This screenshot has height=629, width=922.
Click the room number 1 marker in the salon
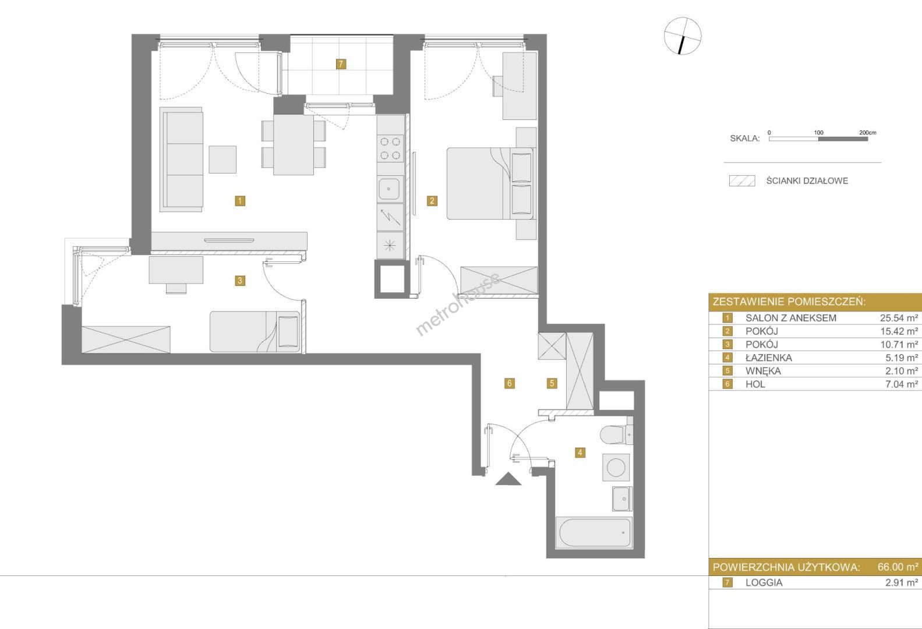pos(239,201)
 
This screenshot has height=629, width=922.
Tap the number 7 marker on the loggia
pos(341,64)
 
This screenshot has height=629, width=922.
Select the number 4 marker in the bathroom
pos(580,453)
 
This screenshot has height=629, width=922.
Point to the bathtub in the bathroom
pos(594,533)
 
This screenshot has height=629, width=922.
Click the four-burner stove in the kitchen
pos(390,148)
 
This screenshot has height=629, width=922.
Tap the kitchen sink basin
pos(388,189)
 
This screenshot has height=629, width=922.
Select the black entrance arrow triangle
pos(508,479)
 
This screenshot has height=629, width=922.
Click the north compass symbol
pos(683,36)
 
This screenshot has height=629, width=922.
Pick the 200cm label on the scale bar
pos(868,133)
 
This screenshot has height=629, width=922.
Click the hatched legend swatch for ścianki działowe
pos(742,181)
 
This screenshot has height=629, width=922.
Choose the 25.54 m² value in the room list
pos(899,318)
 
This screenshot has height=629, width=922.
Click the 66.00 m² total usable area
pos(898,567)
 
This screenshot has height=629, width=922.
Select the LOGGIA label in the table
pos(764,582)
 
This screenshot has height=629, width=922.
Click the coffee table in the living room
pos(222,160)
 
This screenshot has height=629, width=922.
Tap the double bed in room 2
pos(491,183)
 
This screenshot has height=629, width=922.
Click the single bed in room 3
pos(255,332)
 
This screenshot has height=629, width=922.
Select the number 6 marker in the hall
pos(510,384)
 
